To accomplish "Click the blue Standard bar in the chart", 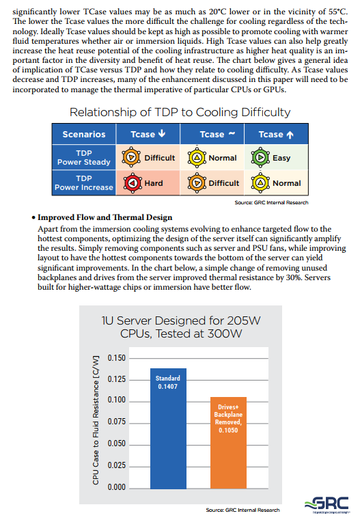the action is tap(168, 428).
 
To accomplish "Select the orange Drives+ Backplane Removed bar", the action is tap(228, 443).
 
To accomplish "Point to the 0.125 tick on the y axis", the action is tap(117, 379).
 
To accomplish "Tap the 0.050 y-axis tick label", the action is tap(117, 443).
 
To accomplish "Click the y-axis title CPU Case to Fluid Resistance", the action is tap(96, 420).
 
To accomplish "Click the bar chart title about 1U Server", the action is tap(181, 327).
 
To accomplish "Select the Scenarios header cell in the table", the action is tap(84, 135).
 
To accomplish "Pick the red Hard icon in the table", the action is tap(133, 182).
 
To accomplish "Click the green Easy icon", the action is tap(260, 157).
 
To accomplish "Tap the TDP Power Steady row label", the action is tap(84, 158).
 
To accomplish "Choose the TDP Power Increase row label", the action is tap(84, 182).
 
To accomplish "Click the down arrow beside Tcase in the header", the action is tap(162, 133).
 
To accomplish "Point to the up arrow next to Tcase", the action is tap(290, 135).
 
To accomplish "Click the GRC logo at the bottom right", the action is tap(327, 504).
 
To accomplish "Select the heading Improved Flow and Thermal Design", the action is tap(105, 217).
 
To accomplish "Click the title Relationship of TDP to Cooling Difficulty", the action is tap(180, 112).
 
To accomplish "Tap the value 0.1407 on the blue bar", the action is tap(168, 386).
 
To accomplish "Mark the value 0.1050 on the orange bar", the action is tap(228, 430).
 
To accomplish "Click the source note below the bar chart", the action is tap(243, 510).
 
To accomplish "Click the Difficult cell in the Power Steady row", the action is tap(148, 158).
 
